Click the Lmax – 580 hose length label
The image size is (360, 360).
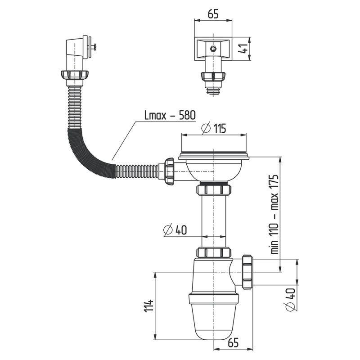[x=170, y=115]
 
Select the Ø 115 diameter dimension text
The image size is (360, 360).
[x=214, y=128]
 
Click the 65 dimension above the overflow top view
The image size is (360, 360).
[x=213, y=13]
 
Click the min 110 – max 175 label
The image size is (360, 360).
[x=275, y=215]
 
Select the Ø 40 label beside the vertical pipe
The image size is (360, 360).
[x=175, y=230]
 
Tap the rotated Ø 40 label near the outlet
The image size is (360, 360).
[x=290, y=299]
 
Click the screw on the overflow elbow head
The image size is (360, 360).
[x=95, y=45]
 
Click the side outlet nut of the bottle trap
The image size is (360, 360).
[x=247, y=271]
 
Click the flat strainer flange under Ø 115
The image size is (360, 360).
[x=213, y=156]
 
